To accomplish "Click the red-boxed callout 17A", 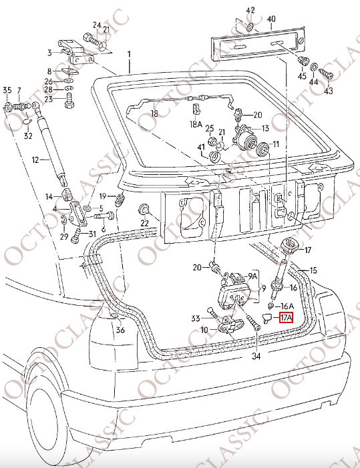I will (286, 318).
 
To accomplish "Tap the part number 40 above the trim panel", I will (271, 19).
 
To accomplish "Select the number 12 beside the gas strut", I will (37, 160).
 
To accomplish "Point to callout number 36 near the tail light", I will (120, 329).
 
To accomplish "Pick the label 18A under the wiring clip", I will (196, 124).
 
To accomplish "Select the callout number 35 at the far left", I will (7, 90).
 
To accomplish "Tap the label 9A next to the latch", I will (253, 275).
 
